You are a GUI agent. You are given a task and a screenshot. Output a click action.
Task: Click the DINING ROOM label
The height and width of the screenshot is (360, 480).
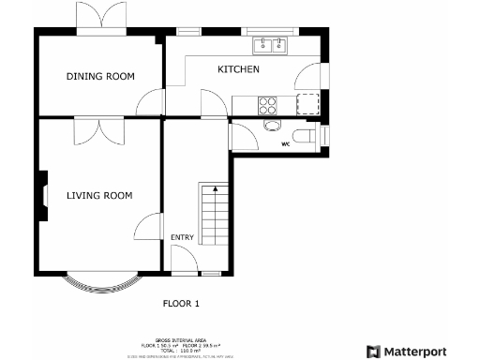[x=100, y=76]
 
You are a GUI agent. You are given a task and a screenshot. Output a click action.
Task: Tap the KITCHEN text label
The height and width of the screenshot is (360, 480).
[x=239, y=70]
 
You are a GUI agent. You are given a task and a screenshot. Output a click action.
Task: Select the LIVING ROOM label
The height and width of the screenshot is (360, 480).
[x=98, y=196]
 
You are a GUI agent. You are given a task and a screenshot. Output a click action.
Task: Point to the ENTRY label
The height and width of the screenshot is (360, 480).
[x=183, y=237]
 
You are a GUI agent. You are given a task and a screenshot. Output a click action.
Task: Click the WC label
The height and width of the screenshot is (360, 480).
[x=287, y=143]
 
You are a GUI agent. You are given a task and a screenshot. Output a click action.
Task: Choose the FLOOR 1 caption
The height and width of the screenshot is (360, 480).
[x=182, y=303]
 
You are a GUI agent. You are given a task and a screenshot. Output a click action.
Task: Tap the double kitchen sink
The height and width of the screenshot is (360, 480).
[x=273, y=43]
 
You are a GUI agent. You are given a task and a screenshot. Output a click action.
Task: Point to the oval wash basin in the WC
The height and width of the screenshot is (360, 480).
[x=272, y=126]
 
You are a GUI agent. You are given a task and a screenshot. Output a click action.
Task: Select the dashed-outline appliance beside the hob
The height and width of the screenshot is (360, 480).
[x=308, y=104]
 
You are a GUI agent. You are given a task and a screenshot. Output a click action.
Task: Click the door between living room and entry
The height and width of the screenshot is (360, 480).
[x=148, y=227]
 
